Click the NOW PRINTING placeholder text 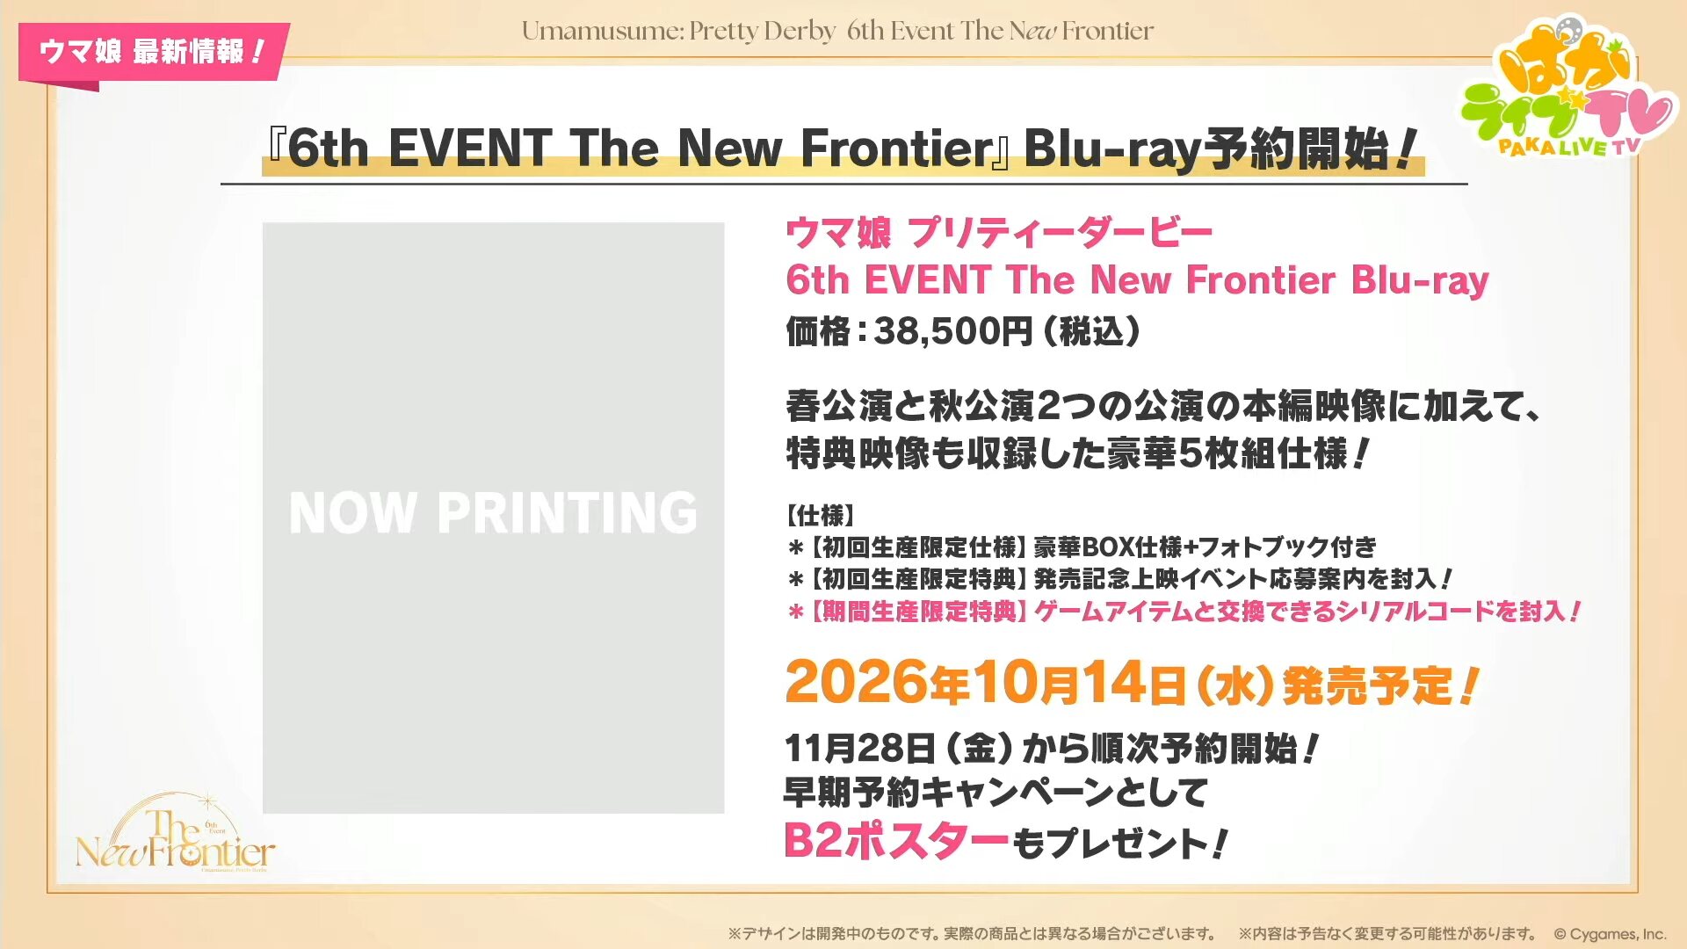pyautogui.click(x=493, y=512)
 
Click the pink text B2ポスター pyautogui.click(x=895, y=841)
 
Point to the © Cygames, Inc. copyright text pyautogui.click(x=1610, y=934)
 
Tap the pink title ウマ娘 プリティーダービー pyautogui.click(x=999, y=233)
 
